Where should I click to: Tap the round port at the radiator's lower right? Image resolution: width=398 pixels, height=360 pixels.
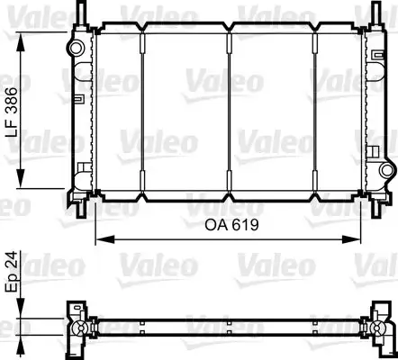(x=388, y=170)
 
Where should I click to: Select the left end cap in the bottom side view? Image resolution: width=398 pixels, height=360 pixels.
(x=74, y=326)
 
